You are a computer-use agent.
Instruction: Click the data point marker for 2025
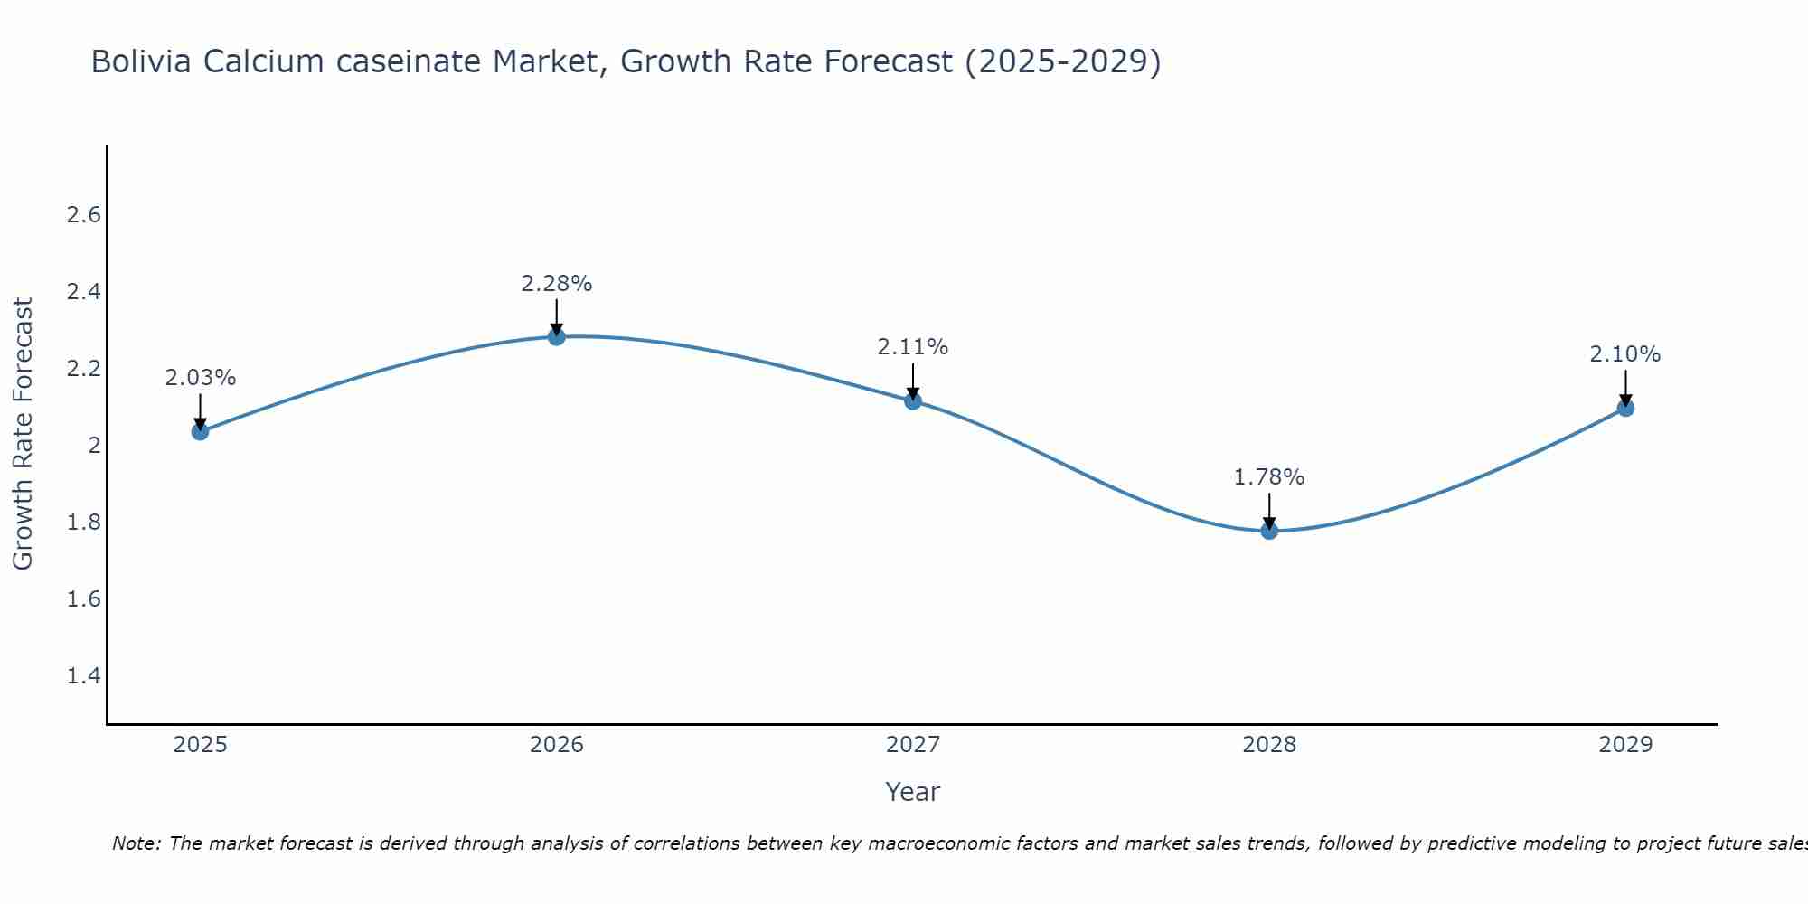coord(201,431)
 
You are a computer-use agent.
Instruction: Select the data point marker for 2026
coord(557,336)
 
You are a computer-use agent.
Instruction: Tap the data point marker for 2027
coord(913,400)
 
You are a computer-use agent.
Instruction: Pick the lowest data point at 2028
coord(1269,531)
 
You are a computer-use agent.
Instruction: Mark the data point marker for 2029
coord(1625,408)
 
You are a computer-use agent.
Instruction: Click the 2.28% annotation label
coord(557,284)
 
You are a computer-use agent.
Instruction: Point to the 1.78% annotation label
coord(1269,477)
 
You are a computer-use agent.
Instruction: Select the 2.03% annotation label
coord(201,378)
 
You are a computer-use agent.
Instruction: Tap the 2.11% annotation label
coord(913,347)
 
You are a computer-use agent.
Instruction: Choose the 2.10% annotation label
coord(1625,354)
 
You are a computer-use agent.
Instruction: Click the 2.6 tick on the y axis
coord(84,215)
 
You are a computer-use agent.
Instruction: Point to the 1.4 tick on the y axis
coord(84,676)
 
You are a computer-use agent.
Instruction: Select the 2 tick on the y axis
coord(94,446)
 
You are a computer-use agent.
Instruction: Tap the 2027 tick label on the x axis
coord(913,745)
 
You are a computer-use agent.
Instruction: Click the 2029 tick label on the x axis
coord(1625,745)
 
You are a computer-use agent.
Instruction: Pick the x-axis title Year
coord(913,792)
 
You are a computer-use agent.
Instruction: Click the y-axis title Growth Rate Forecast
coord(24,434)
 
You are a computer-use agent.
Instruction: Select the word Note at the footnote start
coord(136,843)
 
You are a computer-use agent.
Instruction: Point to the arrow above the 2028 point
coord(1269,512)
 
